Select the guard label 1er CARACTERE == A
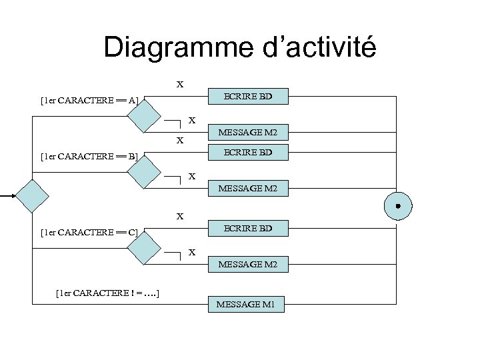click(x=89, y=101)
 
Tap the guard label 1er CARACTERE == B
click(x=89, y=157)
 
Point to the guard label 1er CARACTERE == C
click(x=89, y=232)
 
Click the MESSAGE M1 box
click(x=247, y=305)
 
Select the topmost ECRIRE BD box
click(x=247, y=97)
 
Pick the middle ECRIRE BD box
click(x=247, y=153)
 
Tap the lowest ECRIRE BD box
click(x=247, y=228)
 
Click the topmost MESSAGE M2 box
click(x=247, y=135)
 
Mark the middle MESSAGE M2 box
click(x=247, y=190)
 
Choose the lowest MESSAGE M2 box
click(x=247, y=265)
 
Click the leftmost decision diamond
click(x=32, y=196)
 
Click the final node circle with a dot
click(x=397, y=206)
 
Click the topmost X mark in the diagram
click(x=179, y=85)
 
